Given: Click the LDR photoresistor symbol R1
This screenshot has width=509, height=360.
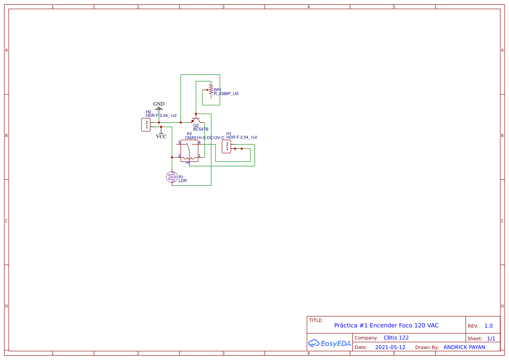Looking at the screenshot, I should click(x=172, y=177).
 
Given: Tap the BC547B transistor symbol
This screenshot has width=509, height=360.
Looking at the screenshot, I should click(x=196, y=120).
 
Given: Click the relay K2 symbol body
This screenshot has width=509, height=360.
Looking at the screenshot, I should click(x=189, y=151).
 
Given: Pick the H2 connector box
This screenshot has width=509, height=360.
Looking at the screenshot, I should click(x=146, y=124).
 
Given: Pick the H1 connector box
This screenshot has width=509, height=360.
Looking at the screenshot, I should click(x=226, y=146).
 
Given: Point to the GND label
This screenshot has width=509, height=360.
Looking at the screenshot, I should click(x=159, y=104).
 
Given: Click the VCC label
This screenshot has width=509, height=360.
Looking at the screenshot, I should click(x=161, y=136).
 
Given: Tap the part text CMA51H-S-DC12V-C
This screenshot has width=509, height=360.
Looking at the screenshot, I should click(x=205, y=138).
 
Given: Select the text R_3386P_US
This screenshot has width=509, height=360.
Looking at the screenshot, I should click(x=226, y=94).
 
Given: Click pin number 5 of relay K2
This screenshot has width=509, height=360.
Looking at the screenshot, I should click(x=179, y=142).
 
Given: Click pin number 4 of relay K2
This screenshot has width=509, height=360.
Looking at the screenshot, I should click(x=199, y=142).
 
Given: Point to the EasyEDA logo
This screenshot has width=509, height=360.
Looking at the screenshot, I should click(x=329, y=343).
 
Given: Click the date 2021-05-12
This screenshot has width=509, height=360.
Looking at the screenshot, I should click(x=390, y=347).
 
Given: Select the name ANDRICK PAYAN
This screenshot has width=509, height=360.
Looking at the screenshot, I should click(x=464, y=347).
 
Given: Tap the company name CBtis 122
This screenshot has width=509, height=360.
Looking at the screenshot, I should click(x=396, y=338).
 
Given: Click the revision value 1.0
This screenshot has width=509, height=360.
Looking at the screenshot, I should click(x=489, y=326).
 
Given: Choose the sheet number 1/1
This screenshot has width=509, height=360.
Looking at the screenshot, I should click(x=491, y=338).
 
